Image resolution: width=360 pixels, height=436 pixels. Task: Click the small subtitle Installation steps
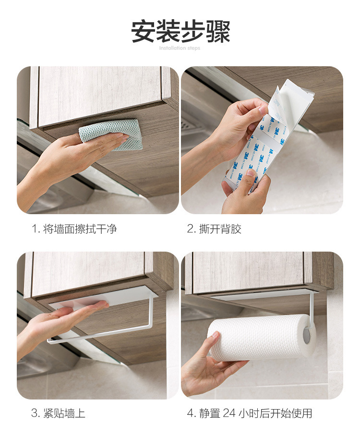click(180, 48)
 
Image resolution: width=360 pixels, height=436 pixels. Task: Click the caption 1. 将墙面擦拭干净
click(74, 229)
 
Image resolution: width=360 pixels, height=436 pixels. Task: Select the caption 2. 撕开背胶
click(214, 229)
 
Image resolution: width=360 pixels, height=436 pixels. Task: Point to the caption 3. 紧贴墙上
click(58, 413)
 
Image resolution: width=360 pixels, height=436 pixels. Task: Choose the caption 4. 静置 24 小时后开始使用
click(249, 413)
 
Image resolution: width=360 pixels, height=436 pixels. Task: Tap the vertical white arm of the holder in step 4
click(312, 307)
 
